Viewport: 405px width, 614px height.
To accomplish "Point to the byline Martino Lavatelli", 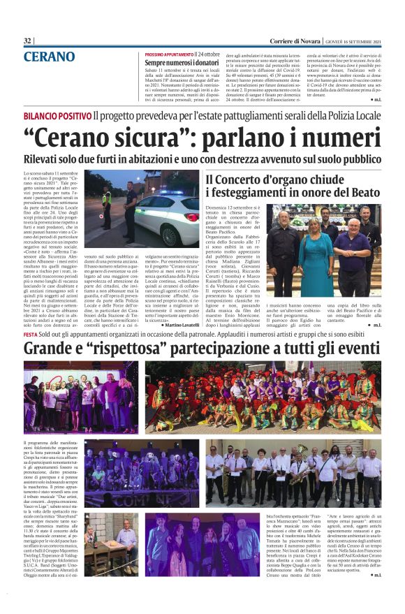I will pyautogui.click(x=175, y=326).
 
